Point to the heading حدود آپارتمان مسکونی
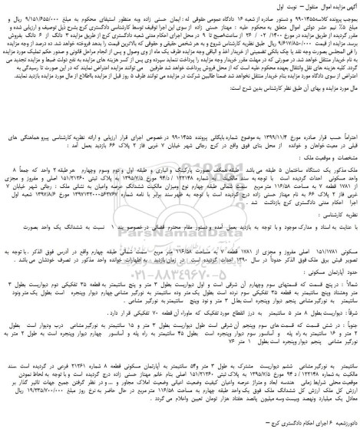click(322, 284)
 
